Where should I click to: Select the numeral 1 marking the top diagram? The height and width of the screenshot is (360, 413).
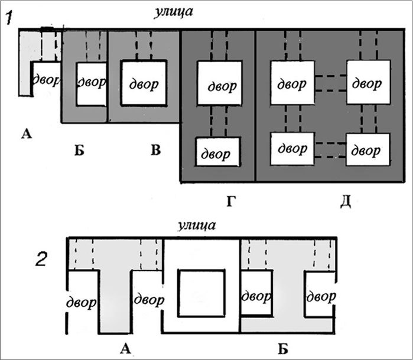(9, 18)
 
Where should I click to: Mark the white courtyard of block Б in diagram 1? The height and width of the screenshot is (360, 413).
(92, 83)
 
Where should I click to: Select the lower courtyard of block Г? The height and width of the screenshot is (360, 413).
(218, 151)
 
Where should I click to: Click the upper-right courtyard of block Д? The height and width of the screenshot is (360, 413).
(368, 82)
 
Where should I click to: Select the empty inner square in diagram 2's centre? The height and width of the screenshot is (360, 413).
(201, 292)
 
